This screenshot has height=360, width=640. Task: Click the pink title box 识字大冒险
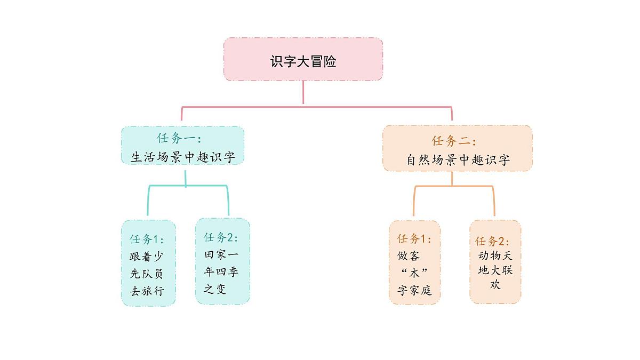point(303,60)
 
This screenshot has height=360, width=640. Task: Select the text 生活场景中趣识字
point(183,157)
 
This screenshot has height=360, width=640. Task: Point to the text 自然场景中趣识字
point(458,160)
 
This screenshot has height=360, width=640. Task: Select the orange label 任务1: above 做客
point(414,239)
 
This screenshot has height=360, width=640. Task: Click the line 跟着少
point(147,257)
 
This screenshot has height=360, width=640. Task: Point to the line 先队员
point(147,274)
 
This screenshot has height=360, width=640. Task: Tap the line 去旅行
point(147,292)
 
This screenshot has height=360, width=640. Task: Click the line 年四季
point(221,272)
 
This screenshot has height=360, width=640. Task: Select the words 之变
point(215,289)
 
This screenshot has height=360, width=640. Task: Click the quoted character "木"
point(414,274)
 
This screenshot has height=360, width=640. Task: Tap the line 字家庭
point(414,292)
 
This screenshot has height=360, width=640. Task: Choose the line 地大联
point(495,270)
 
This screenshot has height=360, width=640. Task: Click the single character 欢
point(495,285)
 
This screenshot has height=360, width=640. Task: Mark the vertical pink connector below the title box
point(303,92)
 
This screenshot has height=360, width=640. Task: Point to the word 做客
point(409,257)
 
